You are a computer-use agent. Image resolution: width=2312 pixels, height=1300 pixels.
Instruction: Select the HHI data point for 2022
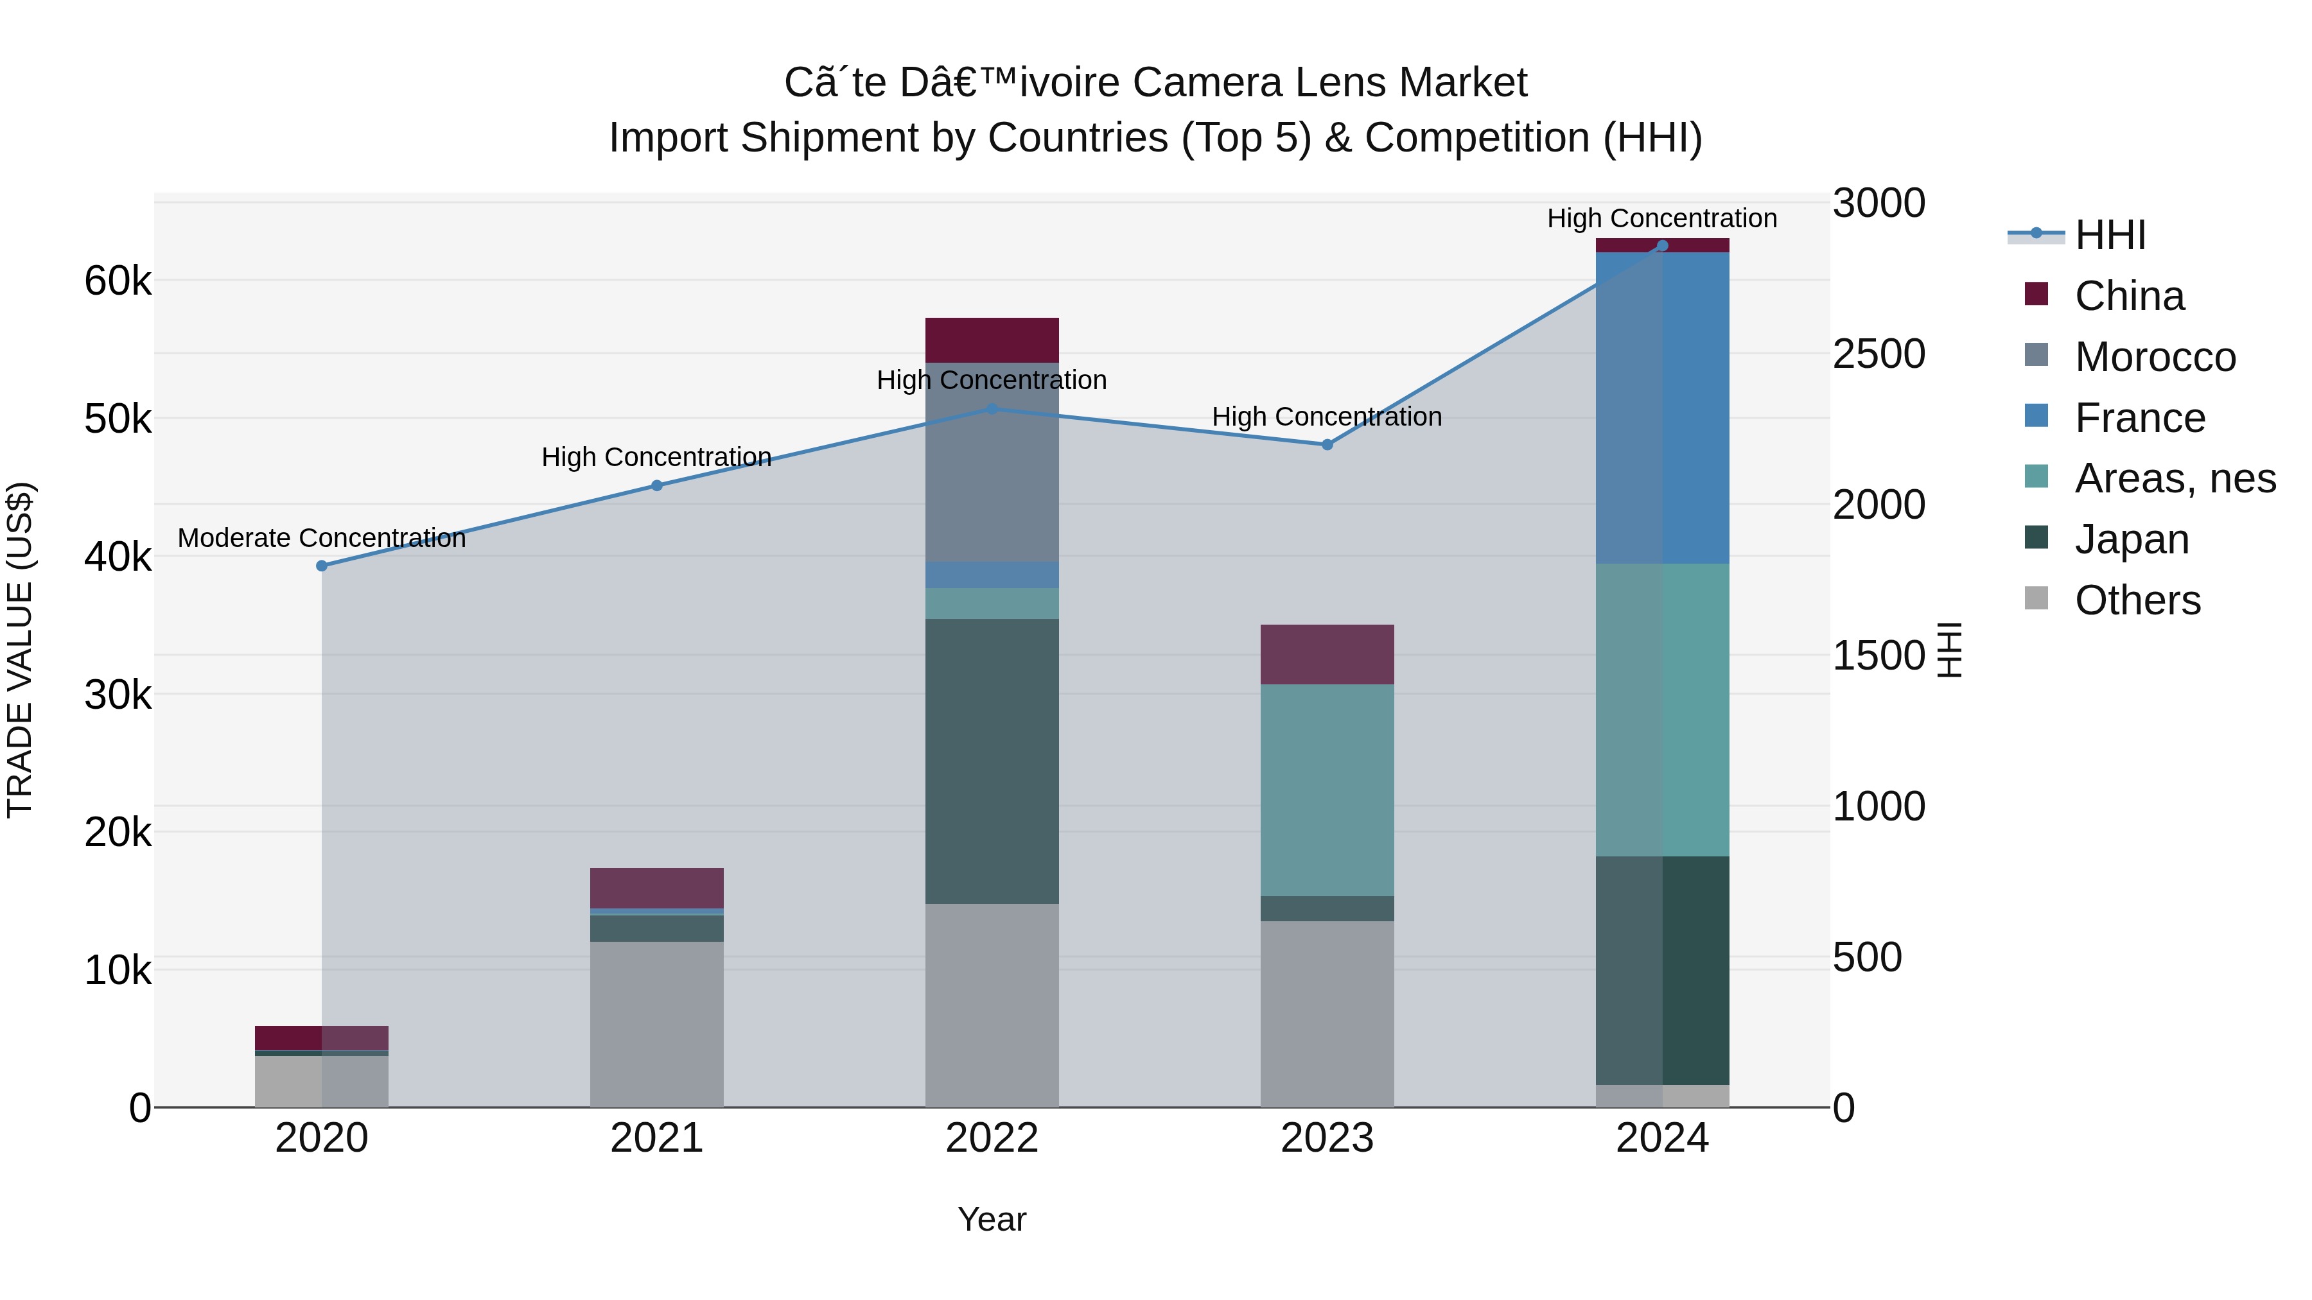[x=992, y=409]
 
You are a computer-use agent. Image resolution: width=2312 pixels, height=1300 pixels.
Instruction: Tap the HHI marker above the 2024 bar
[x=1662, y=246]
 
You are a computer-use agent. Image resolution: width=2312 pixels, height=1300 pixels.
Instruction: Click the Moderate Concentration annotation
[x=321, y=539]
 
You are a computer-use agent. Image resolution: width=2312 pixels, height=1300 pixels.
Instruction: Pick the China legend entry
[x=2128, y=296]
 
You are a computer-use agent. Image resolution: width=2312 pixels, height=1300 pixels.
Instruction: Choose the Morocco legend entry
[x=2154, y=357]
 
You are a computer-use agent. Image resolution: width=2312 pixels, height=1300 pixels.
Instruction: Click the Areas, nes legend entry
[x=2174, y=478]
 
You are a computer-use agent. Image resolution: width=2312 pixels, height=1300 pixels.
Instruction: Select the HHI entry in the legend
[x=2109, y=235]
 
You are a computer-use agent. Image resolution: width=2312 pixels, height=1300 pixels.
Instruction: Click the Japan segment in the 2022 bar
[x=992, y=761]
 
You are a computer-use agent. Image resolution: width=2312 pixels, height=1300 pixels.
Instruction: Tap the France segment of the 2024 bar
[x=1662, y=408]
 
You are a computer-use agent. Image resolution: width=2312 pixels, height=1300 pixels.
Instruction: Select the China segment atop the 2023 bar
[x=1327, y=655]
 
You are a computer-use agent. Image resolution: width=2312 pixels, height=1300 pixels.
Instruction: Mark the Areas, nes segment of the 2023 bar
[x=1327, y=790]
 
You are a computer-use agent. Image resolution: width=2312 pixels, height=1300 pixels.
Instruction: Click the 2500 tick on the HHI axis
[x=1878, y=354]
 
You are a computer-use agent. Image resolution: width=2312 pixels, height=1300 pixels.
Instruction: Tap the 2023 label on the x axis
[x=1327, y=1138]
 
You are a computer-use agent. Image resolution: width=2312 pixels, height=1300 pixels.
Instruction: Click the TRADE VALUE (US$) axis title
[x=20, y=650]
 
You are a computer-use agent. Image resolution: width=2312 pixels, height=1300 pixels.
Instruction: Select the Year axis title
[x=992, y=1219]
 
